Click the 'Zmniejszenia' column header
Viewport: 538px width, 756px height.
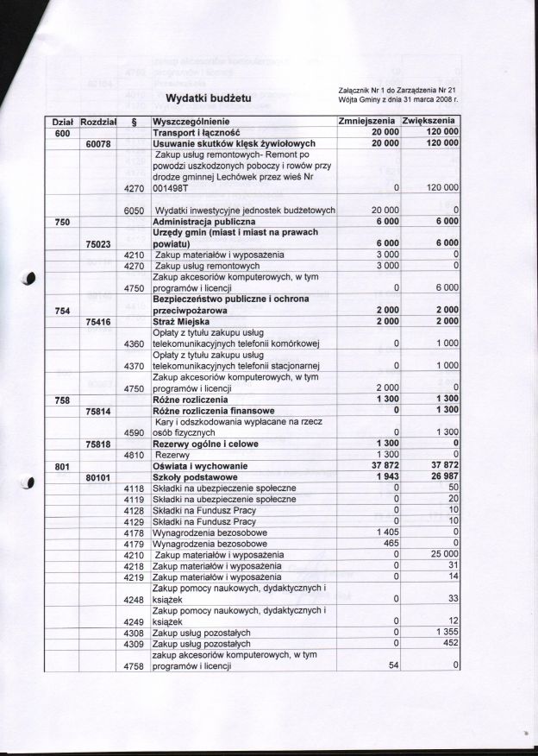pos(367,121)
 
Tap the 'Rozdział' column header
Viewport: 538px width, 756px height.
pos(103,122)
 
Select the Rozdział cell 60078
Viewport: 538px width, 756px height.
pos(101,143)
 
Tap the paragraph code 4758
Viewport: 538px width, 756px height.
pos(132,666)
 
